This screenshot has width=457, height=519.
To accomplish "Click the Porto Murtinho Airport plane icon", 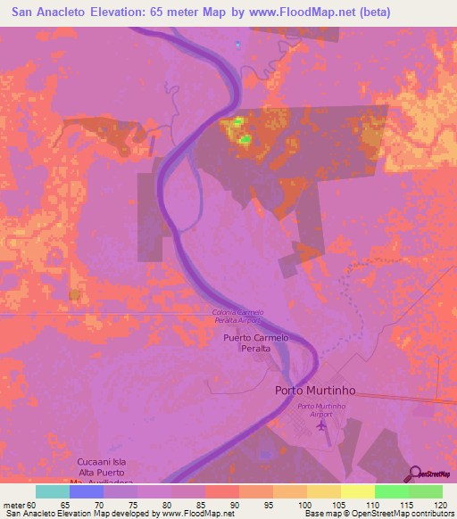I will tap(321, 424).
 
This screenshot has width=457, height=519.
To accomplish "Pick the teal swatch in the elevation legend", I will tap(53, 491).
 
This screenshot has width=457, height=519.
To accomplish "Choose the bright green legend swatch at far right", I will tap(426, 491).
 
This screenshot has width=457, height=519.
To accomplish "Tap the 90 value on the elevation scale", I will tap(235, 505).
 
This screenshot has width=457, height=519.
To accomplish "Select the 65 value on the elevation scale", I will tap(65, 505).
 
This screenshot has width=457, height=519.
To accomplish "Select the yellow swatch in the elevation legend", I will tap(358, 491).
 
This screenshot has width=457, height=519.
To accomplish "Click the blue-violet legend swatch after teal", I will tap(87, 491).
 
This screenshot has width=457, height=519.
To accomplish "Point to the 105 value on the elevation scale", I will tap(337, 505).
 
